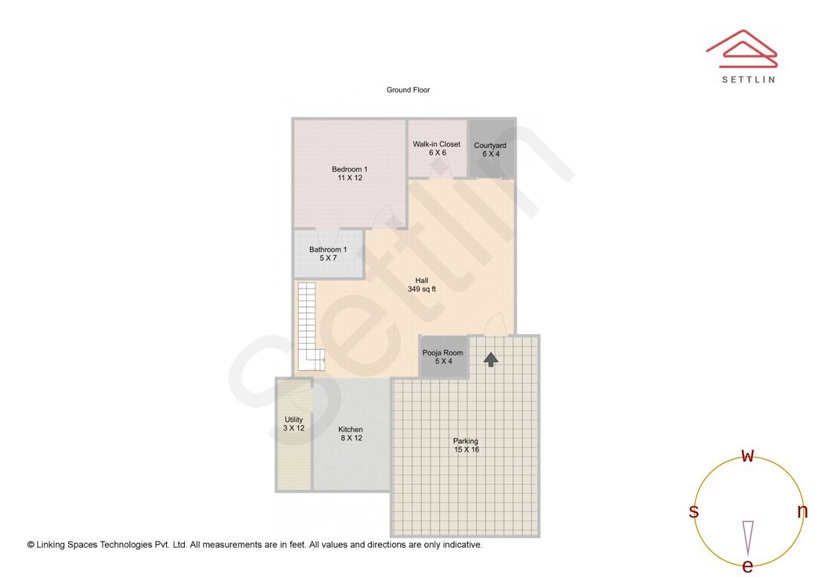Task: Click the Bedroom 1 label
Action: coord(349,173)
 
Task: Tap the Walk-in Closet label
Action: coord(436,148)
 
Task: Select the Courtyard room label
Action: coord(490,150)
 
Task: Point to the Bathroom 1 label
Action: coord(328,254)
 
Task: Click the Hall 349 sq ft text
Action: coord(422,285)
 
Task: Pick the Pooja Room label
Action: coord(443,356)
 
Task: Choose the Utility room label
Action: coord(294,424)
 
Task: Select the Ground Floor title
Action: coord(408,90)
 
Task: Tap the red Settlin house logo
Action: coord(741,49)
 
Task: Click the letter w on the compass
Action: coord(748,455)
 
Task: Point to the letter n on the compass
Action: coord(802,511)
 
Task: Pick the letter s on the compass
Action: coord(694,511)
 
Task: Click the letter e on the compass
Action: coord(748,566)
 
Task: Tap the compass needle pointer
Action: coord(748,537)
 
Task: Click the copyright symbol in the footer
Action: coord(31,545)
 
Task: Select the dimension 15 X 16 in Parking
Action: coord(466,449)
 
